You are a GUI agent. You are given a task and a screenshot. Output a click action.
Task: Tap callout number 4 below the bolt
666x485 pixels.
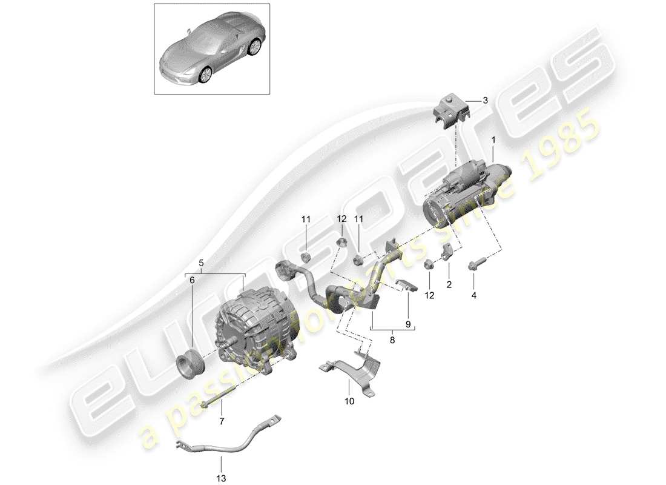click(474, 295)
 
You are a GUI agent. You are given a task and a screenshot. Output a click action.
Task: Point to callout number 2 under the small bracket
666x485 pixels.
click(449, 284)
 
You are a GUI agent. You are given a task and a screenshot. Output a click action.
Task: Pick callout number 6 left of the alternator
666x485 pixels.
click(193, 281)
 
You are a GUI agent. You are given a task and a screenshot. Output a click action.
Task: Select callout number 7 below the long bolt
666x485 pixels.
click(220, 421)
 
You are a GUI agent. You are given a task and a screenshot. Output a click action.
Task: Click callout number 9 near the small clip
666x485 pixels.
click(408, 325)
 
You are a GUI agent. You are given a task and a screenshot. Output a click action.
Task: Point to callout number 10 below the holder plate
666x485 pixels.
click(349, 401)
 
